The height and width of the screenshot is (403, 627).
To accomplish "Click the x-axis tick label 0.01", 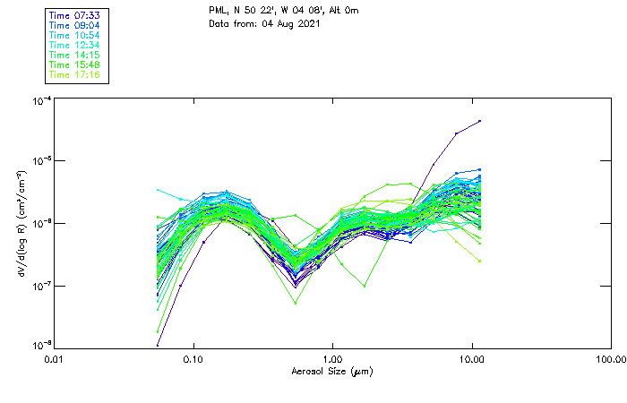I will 55,358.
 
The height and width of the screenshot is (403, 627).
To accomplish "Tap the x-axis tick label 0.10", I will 193,358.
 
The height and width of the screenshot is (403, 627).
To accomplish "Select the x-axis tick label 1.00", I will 333,358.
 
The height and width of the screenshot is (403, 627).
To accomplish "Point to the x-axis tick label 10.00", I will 472,358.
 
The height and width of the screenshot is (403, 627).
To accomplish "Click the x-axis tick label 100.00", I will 609,358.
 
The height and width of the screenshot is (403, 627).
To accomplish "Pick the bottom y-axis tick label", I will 40,345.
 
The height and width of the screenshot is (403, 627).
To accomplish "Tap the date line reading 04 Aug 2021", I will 264,23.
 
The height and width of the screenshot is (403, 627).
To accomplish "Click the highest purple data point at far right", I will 480,120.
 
